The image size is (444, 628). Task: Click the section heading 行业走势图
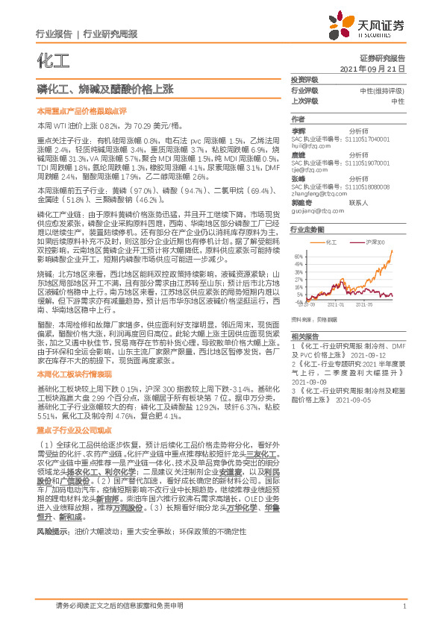pyautogui.click(x=307, y=230)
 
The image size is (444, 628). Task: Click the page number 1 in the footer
pyautogui.click(x=404, y=606)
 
